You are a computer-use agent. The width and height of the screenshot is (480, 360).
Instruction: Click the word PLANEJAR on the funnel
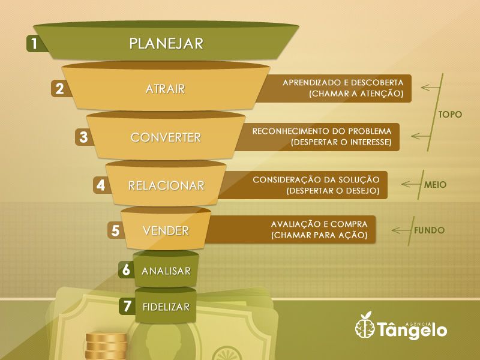[166, 43]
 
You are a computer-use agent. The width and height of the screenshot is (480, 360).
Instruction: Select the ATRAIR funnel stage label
[165, 89]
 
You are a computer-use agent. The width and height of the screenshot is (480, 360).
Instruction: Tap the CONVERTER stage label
[166, 137]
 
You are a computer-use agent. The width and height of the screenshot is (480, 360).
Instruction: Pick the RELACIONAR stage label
[166, 185]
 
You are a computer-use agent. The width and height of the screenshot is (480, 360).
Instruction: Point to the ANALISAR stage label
[166, 271]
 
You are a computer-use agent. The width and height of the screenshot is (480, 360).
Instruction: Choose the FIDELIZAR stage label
[166, 307]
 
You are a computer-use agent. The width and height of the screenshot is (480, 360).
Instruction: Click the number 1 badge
[35, 44]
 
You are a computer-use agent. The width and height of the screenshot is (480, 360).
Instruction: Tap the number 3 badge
[83, 137]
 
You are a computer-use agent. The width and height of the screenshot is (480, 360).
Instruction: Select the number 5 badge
[116, 230]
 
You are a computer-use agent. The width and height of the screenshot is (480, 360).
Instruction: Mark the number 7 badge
[127, 306]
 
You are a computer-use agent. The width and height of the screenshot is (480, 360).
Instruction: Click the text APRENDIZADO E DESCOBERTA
[343, 82]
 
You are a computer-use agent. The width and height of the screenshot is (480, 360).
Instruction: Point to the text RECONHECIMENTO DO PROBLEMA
[322, 131]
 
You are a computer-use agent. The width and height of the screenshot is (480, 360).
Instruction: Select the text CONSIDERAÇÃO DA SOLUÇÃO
[316, 179]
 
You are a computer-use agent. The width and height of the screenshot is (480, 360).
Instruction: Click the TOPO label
[450, 114]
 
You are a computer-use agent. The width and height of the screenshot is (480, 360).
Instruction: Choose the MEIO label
[435, 185]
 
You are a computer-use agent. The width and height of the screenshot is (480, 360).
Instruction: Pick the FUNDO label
[429, 230]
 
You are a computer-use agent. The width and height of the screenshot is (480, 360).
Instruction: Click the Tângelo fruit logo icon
[365, 328]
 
